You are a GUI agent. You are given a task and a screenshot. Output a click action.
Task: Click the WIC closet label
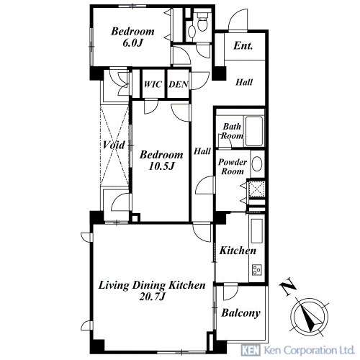point(153,84)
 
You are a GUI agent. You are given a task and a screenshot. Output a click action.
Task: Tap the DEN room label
point(179,84)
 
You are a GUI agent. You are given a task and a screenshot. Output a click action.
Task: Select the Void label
point(114,145)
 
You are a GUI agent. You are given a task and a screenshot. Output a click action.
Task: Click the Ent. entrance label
point(243,45)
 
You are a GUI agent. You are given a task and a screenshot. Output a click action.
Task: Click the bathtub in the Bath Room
point(254,131)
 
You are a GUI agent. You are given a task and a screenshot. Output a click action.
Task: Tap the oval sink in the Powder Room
point(257,164)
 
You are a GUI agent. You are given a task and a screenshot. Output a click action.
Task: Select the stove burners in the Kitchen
point(257,269)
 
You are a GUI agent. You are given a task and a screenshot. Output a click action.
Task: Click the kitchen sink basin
point(257,231)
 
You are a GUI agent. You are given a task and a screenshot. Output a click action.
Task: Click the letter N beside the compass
point(287,287)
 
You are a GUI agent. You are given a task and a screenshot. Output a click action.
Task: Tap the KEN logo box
point(251,350)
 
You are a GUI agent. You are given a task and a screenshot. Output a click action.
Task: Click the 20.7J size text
point(152,297)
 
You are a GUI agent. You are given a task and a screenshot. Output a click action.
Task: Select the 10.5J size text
point(161,166)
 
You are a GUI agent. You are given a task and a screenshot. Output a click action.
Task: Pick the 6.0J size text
point(132,43)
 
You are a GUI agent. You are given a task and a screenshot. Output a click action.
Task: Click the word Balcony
point(240,313)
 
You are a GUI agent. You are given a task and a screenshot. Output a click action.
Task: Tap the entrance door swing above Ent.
point(238,19)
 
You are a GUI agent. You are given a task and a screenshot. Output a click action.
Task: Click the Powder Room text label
point(233,166)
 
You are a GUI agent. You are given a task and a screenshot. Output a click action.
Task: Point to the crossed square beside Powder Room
point(257,189)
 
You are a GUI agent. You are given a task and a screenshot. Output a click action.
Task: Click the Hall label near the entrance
point(244,82)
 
